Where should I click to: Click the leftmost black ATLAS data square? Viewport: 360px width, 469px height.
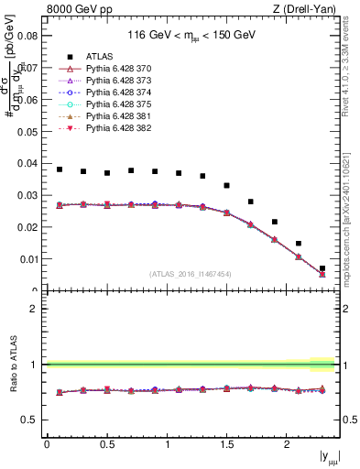coord(60,169)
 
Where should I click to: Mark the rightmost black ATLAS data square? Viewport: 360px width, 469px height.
coord(322,268)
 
